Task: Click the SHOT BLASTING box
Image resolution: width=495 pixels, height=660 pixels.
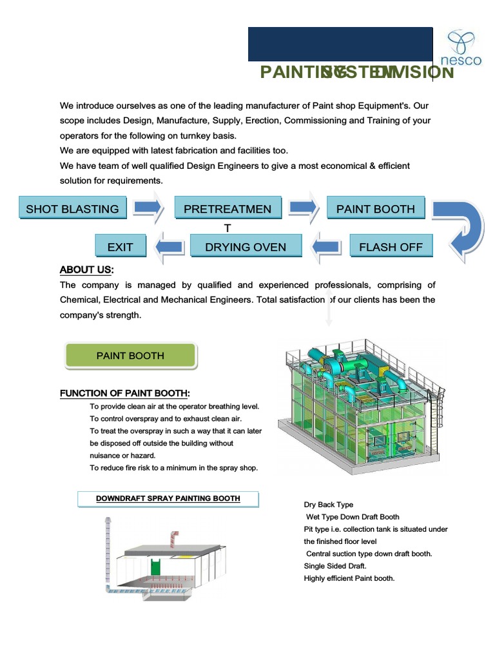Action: pyautogui.click(x=72, y=209)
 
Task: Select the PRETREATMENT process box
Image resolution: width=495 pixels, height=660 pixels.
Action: pyautogui.click(x=228, y=209)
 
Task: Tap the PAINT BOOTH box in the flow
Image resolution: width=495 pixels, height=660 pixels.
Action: pyautogui.click(x=376, y=209)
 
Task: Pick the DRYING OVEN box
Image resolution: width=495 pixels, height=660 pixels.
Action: pyautogui.click(x=246, y=247)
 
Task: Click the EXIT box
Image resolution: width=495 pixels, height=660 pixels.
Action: pyautogui.click(x=121, y=247)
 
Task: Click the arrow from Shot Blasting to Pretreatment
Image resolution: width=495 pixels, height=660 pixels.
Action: pyautogui.click(x=148, y=207)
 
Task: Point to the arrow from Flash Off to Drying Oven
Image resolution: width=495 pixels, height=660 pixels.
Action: pyautogui.click(x=326, y=246)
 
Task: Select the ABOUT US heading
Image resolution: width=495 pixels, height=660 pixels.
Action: pyautogui.click(x=86, y=269)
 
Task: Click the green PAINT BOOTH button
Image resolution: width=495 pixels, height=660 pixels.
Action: pyautogui.click(x=130, y=356)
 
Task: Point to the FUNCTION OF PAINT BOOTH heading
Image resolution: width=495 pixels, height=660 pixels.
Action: pyautogui.click(x=125, y=393)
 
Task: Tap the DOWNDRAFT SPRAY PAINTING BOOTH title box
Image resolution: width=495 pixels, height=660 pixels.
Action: pyautogui.click(x=168, y=499)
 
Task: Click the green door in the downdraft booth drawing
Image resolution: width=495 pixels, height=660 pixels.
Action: pyautogui.click(x=155, y=567)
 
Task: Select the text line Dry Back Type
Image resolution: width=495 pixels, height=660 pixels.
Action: pyautogui.click(x=329, y=505)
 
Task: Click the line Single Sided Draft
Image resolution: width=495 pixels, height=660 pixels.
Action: pyautogui.click(x=335, y=566)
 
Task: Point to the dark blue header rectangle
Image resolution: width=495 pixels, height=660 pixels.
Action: pyautogui.click(x=340, y=44)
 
